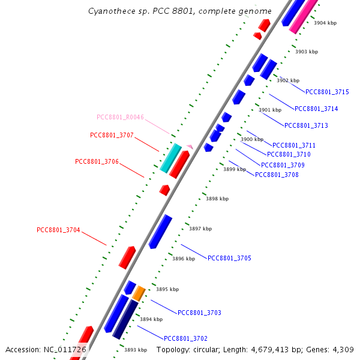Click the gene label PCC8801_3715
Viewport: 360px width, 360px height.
(x=327, y=92)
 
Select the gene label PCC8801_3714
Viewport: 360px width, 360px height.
(x=316, y=109)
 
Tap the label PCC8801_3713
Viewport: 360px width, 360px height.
(x=306, y=125)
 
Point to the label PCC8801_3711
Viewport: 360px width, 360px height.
(x=294, y=145)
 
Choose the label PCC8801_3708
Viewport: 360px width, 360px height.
(x=277, y=175)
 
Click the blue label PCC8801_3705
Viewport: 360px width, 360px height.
(x=229, y=258)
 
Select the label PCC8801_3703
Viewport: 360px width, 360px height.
(x=199, y=313)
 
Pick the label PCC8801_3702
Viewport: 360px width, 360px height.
(x=185, y=338)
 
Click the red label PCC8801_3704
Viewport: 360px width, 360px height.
(x=58, y=230)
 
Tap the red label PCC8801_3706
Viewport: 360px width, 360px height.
(x=97, y=161)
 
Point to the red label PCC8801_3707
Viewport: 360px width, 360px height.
(x=112, y=135)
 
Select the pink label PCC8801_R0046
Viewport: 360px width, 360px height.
(x=120, y=117)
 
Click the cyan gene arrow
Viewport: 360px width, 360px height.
(x=170, y=158)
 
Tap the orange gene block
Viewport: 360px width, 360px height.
(x=139, y=293)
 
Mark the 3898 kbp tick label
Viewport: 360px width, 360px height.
(x=217, y=199)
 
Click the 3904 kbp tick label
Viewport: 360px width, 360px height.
(x=325, y=23)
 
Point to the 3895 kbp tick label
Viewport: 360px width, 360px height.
(x=167, y=289)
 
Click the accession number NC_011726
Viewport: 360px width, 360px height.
(x=65, y=349)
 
